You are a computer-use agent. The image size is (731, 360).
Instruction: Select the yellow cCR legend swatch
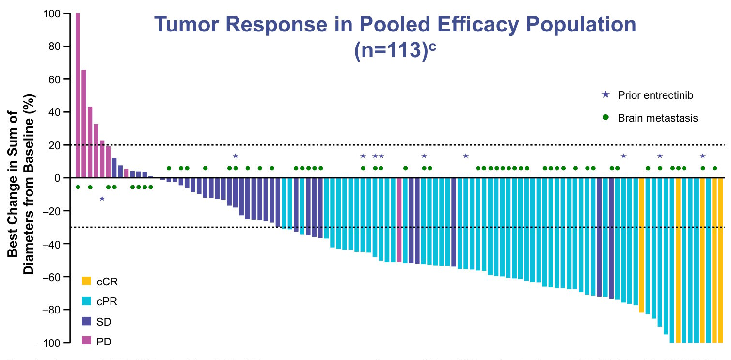click(x=87, y=281)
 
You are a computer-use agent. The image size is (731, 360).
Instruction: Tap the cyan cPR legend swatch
click(x=87, y=301)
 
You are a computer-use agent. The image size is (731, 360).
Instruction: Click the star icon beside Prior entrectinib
click(x=605, y=95)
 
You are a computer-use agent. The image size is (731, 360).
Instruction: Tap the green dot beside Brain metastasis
click(x=605, y=118)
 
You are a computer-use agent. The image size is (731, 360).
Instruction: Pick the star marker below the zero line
click(x=102, y=198)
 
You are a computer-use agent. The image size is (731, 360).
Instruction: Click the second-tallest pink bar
click(x=84, y=124)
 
